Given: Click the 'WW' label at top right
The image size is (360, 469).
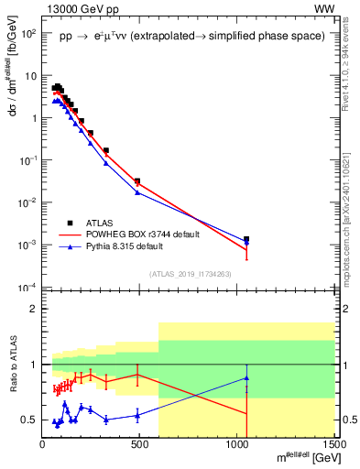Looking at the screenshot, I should [323, 9].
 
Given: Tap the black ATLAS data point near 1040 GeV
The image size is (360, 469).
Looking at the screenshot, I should [246, 239].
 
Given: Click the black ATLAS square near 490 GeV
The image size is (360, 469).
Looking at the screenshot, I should [137, 181].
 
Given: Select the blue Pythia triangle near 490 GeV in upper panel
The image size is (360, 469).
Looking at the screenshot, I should [137, 192].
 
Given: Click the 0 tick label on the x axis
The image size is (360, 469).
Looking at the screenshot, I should [43, 444].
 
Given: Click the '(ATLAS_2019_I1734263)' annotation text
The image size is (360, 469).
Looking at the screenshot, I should [190, 274].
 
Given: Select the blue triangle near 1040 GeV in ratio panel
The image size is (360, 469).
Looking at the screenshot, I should [246, 377].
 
